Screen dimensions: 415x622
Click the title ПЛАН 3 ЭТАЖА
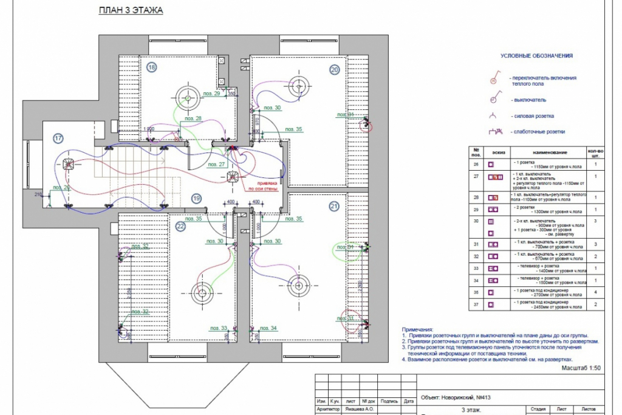131,11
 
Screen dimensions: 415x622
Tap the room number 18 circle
151,67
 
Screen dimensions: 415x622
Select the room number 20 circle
334,69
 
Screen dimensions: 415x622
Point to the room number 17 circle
58,139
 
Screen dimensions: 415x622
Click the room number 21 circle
334,207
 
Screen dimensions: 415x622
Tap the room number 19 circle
196,198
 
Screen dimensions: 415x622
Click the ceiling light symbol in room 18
188,95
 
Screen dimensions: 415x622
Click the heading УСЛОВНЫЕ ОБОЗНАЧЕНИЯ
537,56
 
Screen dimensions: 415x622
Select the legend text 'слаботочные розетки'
539,131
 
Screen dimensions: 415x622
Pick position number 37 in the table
477,303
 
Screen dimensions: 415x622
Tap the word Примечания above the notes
419,328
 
